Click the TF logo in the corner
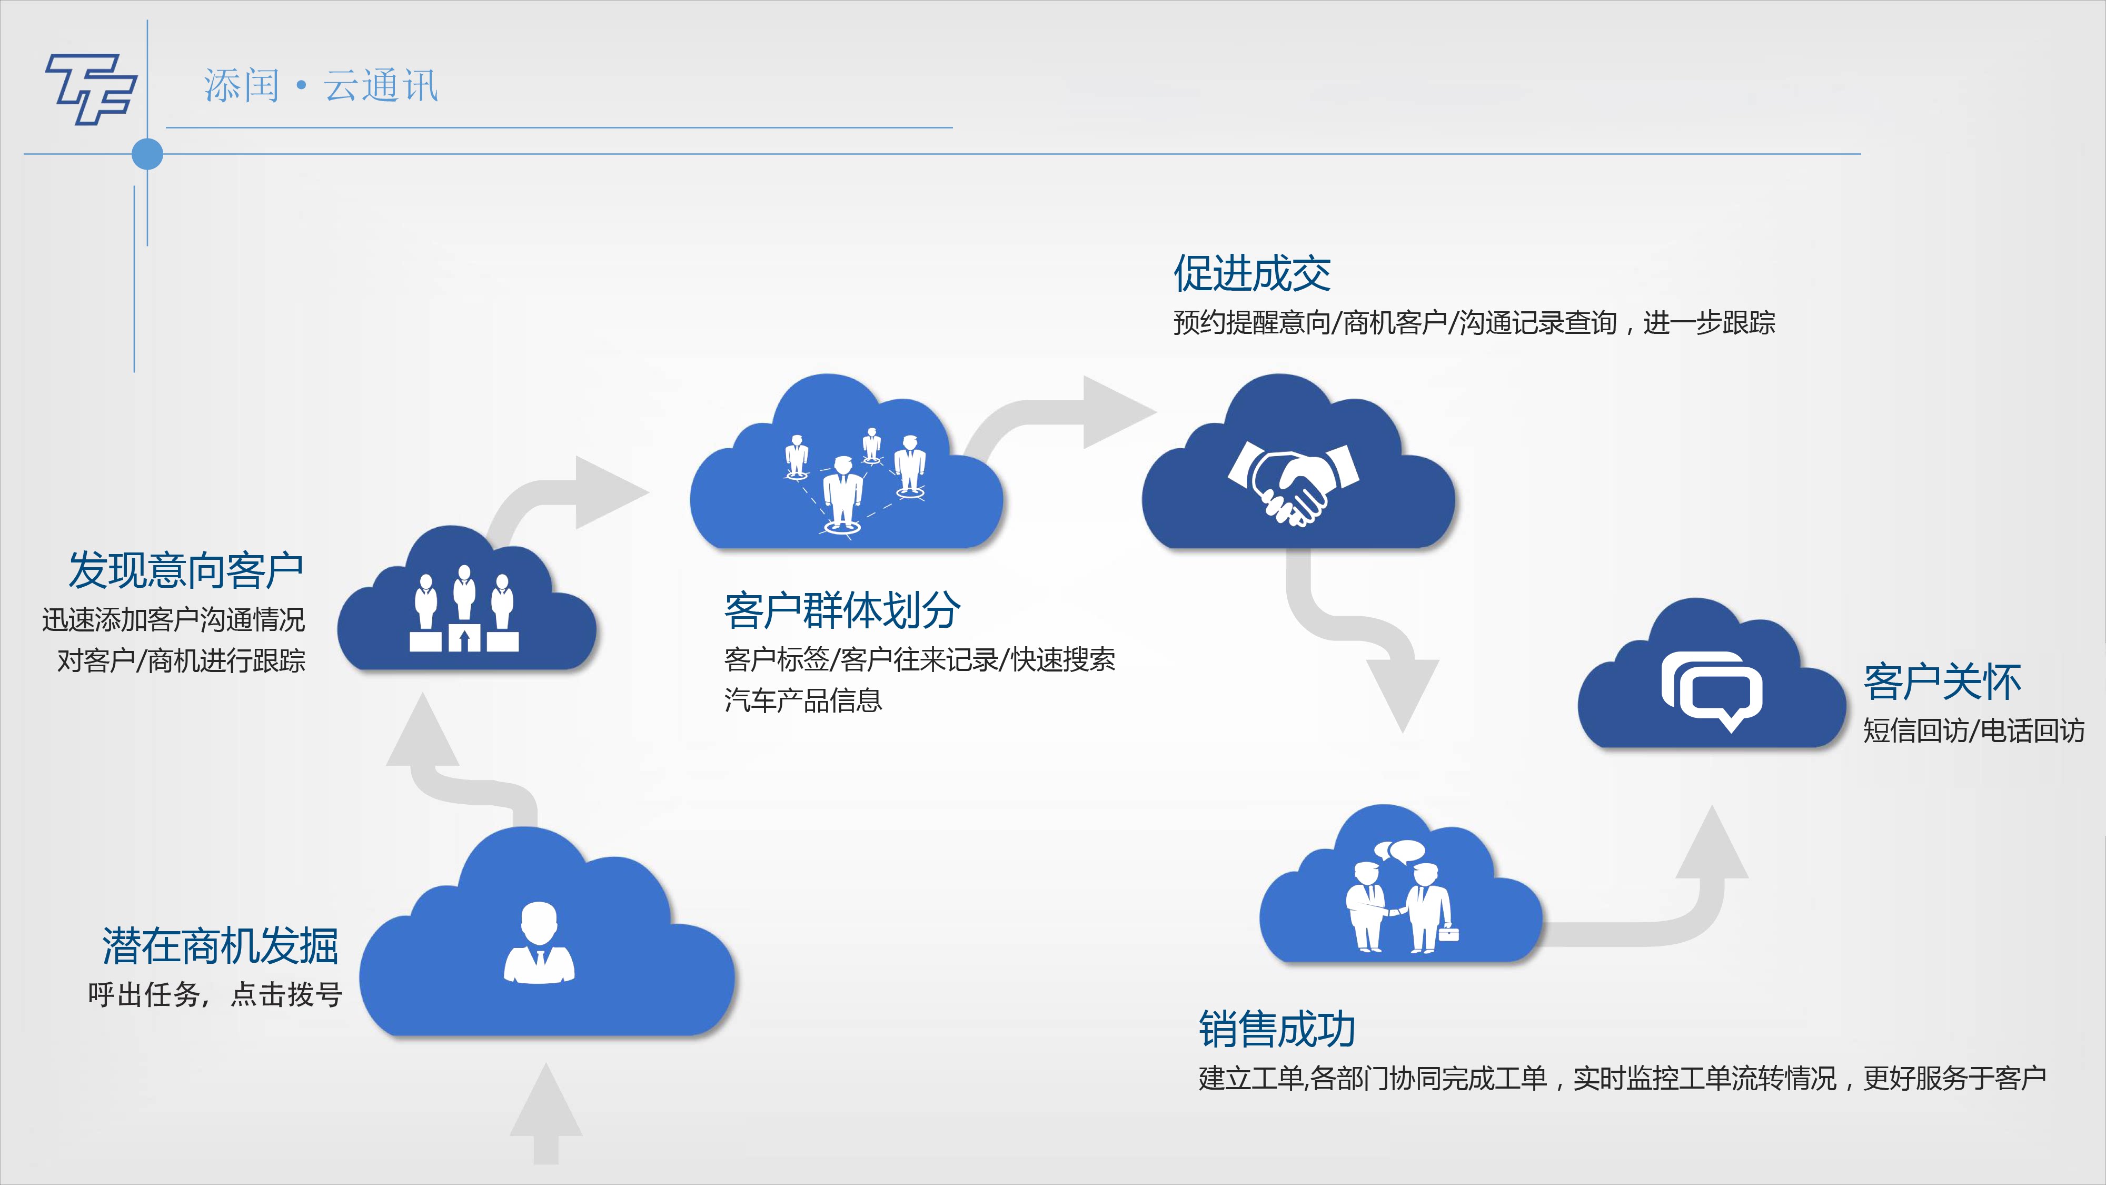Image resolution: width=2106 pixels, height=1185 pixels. click(90, 88)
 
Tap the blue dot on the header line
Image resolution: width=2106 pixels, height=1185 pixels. click(147, 154)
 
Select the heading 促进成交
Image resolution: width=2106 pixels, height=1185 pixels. click(1251, 273)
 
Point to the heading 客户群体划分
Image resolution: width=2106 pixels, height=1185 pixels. click(842, 610)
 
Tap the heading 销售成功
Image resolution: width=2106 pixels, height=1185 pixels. click(1277, 1029)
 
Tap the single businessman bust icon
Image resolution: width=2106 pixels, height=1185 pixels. click(539, 942)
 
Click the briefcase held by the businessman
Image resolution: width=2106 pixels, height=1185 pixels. click(1448, 932)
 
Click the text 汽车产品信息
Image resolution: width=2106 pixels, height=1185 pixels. click(803, 700)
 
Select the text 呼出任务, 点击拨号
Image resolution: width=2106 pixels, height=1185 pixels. click(215, 994)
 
